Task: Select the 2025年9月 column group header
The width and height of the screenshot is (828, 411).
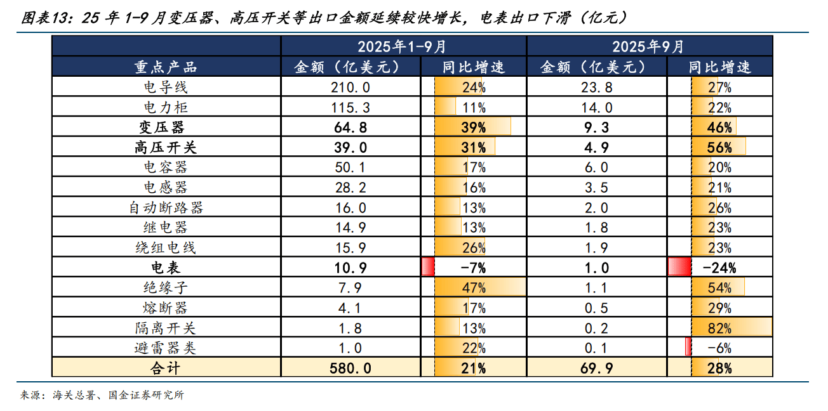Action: click(648, 46)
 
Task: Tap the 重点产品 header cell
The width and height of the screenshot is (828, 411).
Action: click(166, 67)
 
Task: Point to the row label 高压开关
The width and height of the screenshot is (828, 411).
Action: click(166, 147)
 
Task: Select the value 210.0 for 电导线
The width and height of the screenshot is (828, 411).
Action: click(350, 87)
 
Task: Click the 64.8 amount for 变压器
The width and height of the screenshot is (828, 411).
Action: click(350, 127)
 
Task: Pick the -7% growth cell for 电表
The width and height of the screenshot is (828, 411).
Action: click(472, 268)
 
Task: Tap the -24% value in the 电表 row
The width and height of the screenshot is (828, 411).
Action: click(719, 268)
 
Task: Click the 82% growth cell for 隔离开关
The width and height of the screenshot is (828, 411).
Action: click(719, 328)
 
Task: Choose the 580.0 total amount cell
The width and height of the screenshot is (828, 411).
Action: click(350, 368)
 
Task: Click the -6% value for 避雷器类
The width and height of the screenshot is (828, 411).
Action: click(719, 348)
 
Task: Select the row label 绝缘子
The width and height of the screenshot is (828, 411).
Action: click(166, 288)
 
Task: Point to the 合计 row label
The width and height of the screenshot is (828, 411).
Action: click(166, 368)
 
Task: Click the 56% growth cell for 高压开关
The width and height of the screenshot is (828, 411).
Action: click(719, 147)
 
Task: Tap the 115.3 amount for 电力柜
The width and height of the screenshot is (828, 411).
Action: click(350, 107)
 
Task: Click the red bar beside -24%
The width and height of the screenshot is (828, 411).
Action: click(679, 268)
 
